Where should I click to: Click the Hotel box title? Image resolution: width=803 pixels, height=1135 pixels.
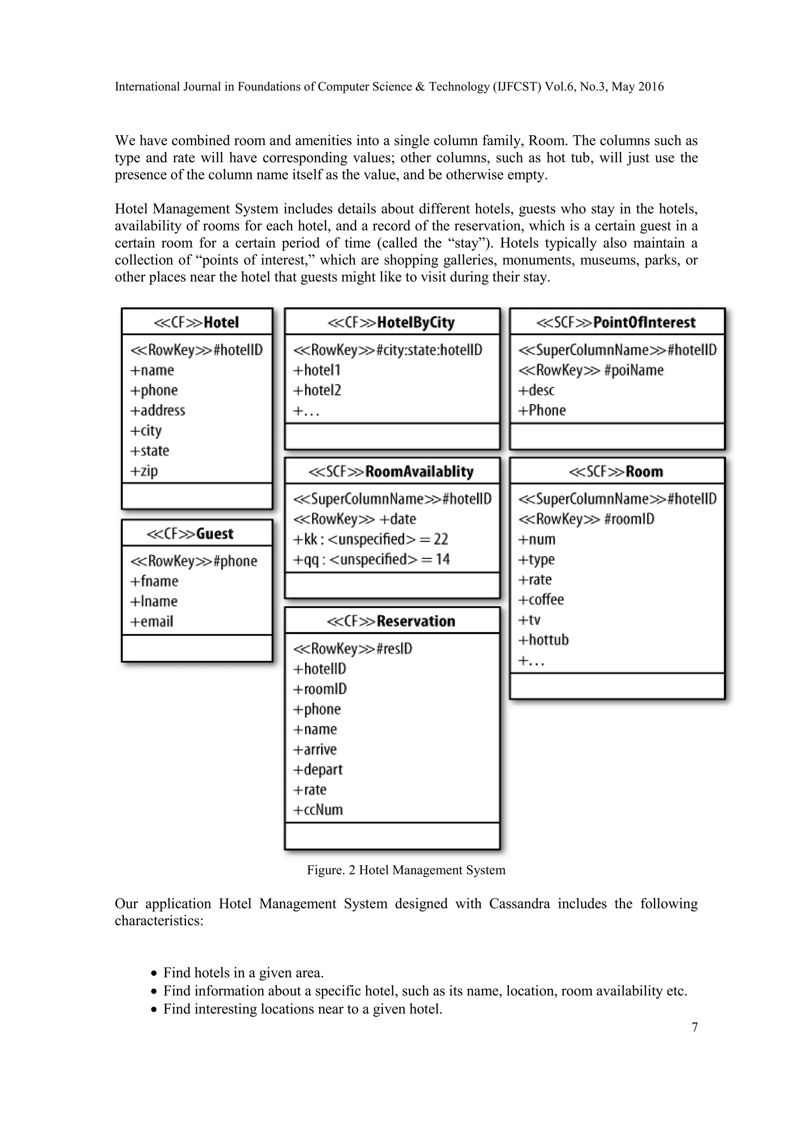click(197, 322)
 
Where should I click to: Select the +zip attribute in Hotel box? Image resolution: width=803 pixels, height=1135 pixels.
click(144, 471)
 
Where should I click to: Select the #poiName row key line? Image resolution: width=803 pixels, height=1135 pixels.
click(591, 370)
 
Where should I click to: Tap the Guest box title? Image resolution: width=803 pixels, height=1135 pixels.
click(191, 533)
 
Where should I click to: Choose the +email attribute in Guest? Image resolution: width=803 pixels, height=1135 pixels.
click(152, 621)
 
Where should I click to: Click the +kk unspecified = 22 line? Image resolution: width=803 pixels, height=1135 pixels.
click(371, 539)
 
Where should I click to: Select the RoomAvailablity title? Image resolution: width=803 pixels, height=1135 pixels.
click(391, 471)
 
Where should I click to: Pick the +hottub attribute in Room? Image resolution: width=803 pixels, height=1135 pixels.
click(543, 640)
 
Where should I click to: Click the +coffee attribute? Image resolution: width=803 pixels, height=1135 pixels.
click(541, 600)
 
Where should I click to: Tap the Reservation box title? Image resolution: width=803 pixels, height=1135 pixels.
click(391, 621)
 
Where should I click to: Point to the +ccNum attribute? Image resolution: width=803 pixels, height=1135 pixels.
click(318, 810)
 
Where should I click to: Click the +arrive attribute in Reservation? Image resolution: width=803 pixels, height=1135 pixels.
click(315, 749)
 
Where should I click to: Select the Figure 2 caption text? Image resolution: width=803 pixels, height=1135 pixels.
click(406, 870)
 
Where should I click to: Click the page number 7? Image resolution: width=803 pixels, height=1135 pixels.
click(694, 1027)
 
